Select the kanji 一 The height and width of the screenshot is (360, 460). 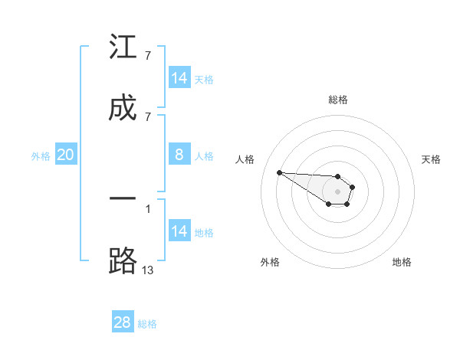123,199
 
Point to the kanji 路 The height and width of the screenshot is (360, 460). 123,260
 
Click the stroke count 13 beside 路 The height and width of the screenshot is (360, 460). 148,269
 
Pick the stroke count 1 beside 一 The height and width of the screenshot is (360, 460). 148,208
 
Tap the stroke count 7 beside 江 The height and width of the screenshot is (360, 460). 148,55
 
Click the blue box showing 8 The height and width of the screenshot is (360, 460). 179,155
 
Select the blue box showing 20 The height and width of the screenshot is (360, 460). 66,155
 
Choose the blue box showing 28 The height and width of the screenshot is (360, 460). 123,322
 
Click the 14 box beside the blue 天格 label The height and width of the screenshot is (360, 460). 179,78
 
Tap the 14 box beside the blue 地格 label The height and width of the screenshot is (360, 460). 179,231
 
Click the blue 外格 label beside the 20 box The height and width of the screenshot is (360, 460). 41,155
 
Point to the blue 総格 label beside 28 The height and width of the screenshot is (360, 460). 147,323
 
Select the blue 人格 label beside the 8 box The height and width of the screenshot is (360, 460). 204,155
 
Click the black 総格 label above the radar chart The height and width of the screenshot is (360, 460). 337,100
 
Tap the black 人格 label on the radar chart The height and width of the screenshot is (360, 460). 245,159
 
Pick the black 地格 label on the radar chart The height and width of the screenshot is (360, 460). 401,262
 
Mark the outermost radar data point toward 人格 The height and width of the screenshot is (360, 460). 279,172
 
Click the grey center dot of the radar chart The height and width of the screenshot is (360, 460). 337,191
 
